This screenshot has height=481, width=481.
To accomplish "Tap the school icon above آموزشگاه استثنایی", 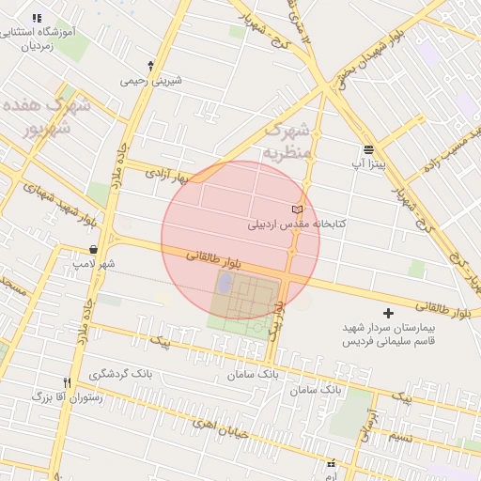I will coord(37,18).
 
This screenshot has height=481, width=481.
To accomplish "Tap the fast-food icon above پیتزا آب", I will coord(367,149).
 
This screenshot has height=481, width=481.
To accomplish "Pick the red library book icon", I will coord(298,208).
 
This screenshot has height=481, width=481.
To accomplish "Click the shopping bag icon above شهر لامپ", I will coord(93,249).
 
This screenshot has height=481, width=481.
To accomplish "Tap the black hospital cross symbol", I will coord(389,312).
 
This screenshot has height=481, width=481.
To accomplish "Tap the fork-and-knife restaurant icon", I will coord(66,382).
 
